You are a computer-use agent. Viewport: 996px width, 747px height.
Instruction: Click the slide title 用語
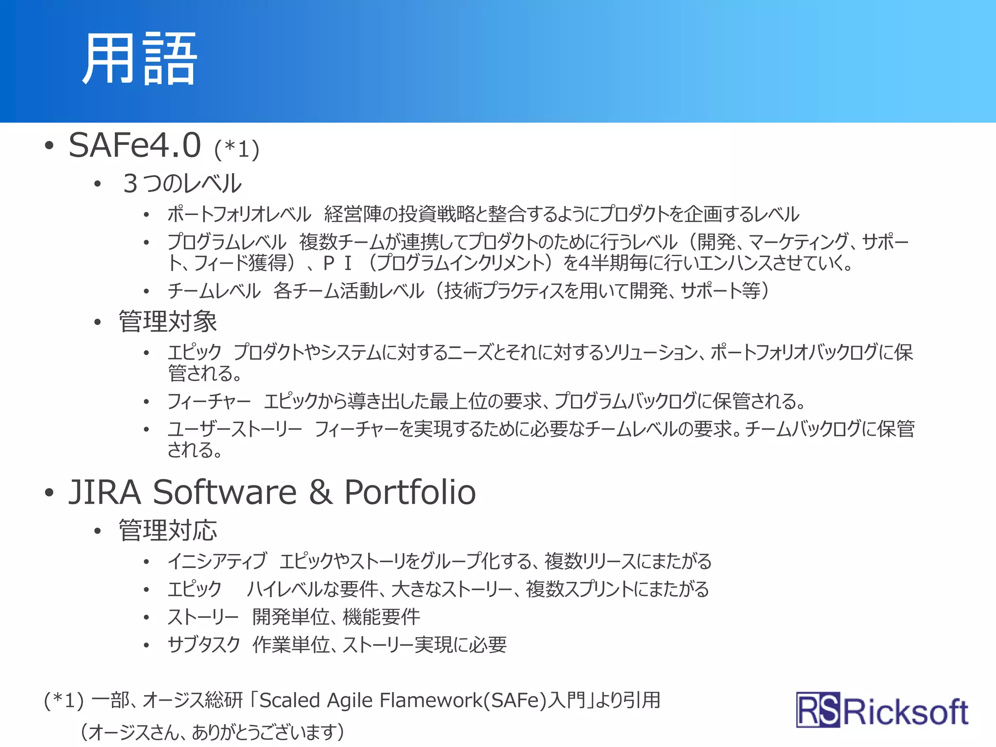(x=139, y=59)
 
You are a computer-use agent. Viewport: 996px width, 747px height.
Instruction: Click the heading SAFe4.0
(x=135, y=145)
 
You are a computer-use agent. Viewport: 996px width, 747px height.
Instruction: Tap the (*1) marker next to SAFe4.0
(x=237, y=149)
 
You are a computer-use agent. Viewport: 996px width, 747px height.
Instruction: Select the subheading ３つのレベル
(x=182, y=183)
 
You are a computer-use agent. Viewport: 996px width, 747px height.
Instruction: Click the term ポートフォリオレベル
(x=239, y=214)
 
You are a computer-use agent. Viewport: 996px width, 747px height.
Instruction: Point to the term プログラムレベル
(x=227, y=242)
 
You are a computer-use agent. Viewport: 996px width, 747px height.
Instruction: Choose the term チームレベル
(x=214, y=291)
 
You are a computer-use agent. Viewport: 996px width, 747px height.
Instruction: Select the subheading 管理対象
(x=168, y=321)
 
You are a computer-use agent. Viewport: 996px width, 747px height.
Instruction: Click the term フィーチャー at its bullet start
(x=209, y=401)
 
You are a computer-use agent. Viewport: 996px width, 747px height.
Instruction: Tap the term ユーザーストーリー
(x=234, y=429)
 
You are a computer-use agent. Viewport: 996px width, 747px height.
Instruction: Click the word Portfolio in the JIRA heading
(x=409, y=492)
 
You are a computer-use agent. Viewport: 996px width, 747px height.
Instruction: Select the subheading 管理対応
(x=168, y=530)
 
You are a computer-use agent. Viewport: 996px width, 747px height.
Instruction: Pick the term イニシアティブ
(x=217, y=561)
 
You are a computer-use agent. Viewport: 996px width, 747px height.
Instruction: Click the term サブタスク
(x=204, y=645)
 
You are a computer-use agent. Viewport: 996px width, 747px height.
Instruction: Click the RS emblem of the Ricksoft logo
(x=818, y=710)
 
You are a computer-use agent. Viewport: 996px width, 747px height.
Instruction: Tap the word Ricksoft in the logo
(x=906, y=712)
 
